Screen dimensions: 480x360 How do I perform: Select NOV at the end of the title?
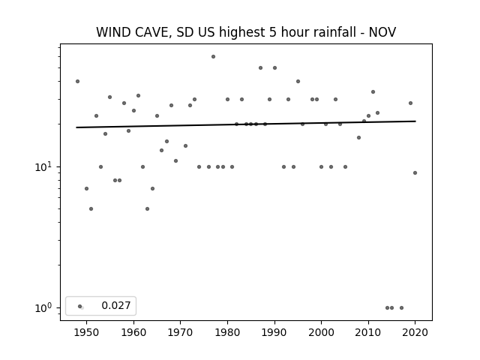pos(382,32)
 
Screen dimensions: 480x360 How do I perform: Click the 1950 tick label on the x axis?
pos(87,332)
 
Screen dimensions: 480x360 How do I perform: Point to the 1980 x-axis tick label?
pos(227,332)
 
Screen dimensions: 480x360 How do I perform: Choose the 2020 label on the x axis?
pos(415,332)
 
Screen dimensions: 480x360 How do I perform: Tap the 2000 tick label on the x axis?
pos(321,332)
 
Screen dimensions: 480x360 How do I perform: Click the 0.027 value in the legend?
pos(116,305)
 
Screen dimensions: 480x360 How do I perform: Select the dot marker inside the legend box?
pos(80,307)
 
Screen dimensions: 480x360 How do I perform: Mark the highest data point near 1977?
pos(213,57)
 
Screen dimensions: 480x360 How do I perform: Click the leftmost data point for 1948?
pos(78,82)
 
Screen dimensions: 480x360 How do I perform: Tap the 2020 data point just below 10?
pos(415,173)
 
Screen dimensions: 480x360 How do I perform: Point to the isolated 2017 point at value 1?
pos(402,308)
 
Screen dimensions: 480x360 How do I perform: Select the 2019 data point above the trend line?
pos(411,103)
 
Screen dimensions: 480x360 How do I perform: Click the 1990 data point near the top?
pos(275,68)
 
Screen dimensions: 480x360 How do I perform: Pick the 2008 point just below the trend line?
pos(359,138)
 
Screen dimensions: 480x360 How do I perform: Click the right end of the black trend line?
pos(415,121)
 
